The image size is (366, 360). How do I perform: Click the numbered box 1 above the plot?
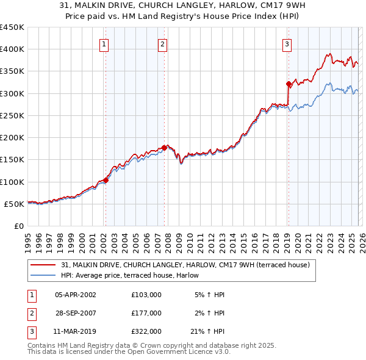point(104,43)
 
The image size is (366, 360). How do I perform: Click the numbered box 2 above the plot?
point(163,43)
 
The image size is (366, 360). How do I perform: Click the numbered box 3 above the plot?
point(287,43)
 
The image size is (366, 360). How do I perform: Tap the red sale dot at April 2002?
point(106,180)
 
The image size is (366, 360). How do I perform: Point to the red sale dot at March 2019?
point(288,84)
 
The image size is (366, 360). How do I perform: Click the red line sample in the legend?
point(43,265)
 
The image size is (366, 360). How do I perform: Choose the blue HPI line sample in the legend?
point(43,275)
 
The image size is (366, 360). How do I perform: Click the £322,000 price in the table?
point(146,332)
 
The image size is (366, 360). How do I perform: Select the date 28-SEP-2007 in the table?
point(76,313)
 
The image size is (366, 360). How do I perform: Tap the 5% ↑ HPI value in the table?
point(209,295)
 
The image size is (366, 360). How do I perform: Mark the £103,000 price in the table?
point(146,295)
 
